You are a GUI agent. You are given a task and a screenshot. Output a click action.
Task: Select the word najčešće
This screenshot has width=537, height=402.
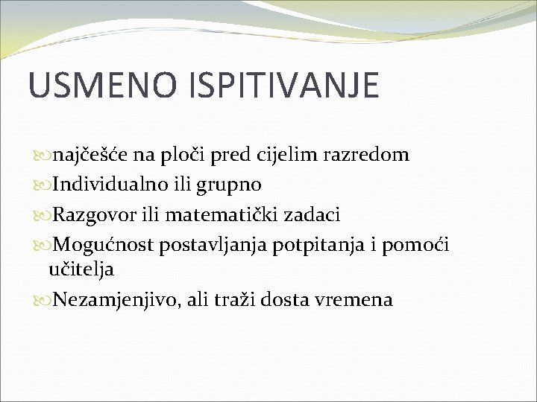coord(93,155)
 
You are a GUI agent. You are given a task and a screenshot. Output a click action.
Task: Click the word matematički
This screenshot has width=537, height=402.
coord(227,214)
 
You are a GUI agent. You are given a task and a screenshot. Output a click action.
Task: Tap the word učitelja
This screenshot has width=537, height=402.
coord(81,269)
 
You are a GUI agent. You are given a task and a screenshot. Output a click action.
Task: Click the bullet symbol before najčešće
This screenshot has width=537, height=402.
coord(42,156)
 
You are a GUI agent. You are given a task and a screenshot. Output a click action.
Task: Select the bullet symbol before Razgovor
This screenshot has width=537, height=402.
coord(42,216)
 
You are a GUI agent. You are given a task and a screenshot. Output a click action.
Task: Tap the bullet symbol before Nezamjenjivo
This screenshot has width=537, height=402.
coord(42,301)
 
